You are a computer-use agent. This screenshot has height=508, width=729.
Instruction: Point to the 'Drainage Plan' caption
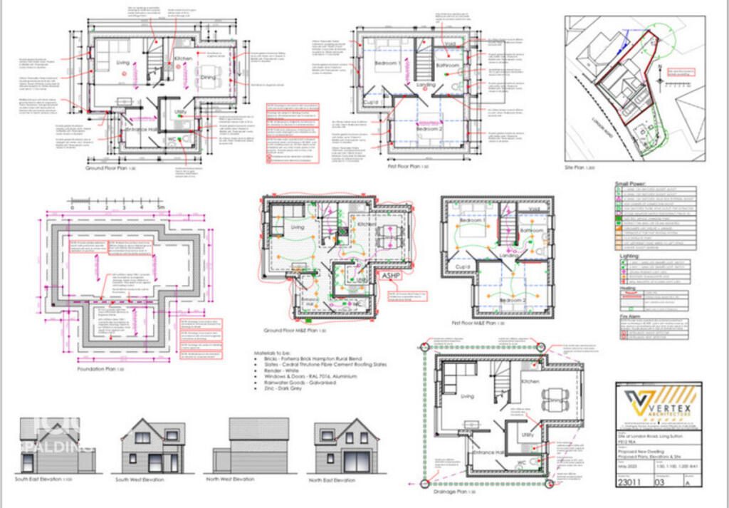point(450,491)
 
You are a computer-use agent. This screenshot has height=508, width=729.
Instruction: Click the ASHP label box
point(392,275)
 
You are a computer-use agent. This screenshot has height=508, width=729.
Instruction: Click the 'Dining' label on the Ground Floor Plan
point(208,76)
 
